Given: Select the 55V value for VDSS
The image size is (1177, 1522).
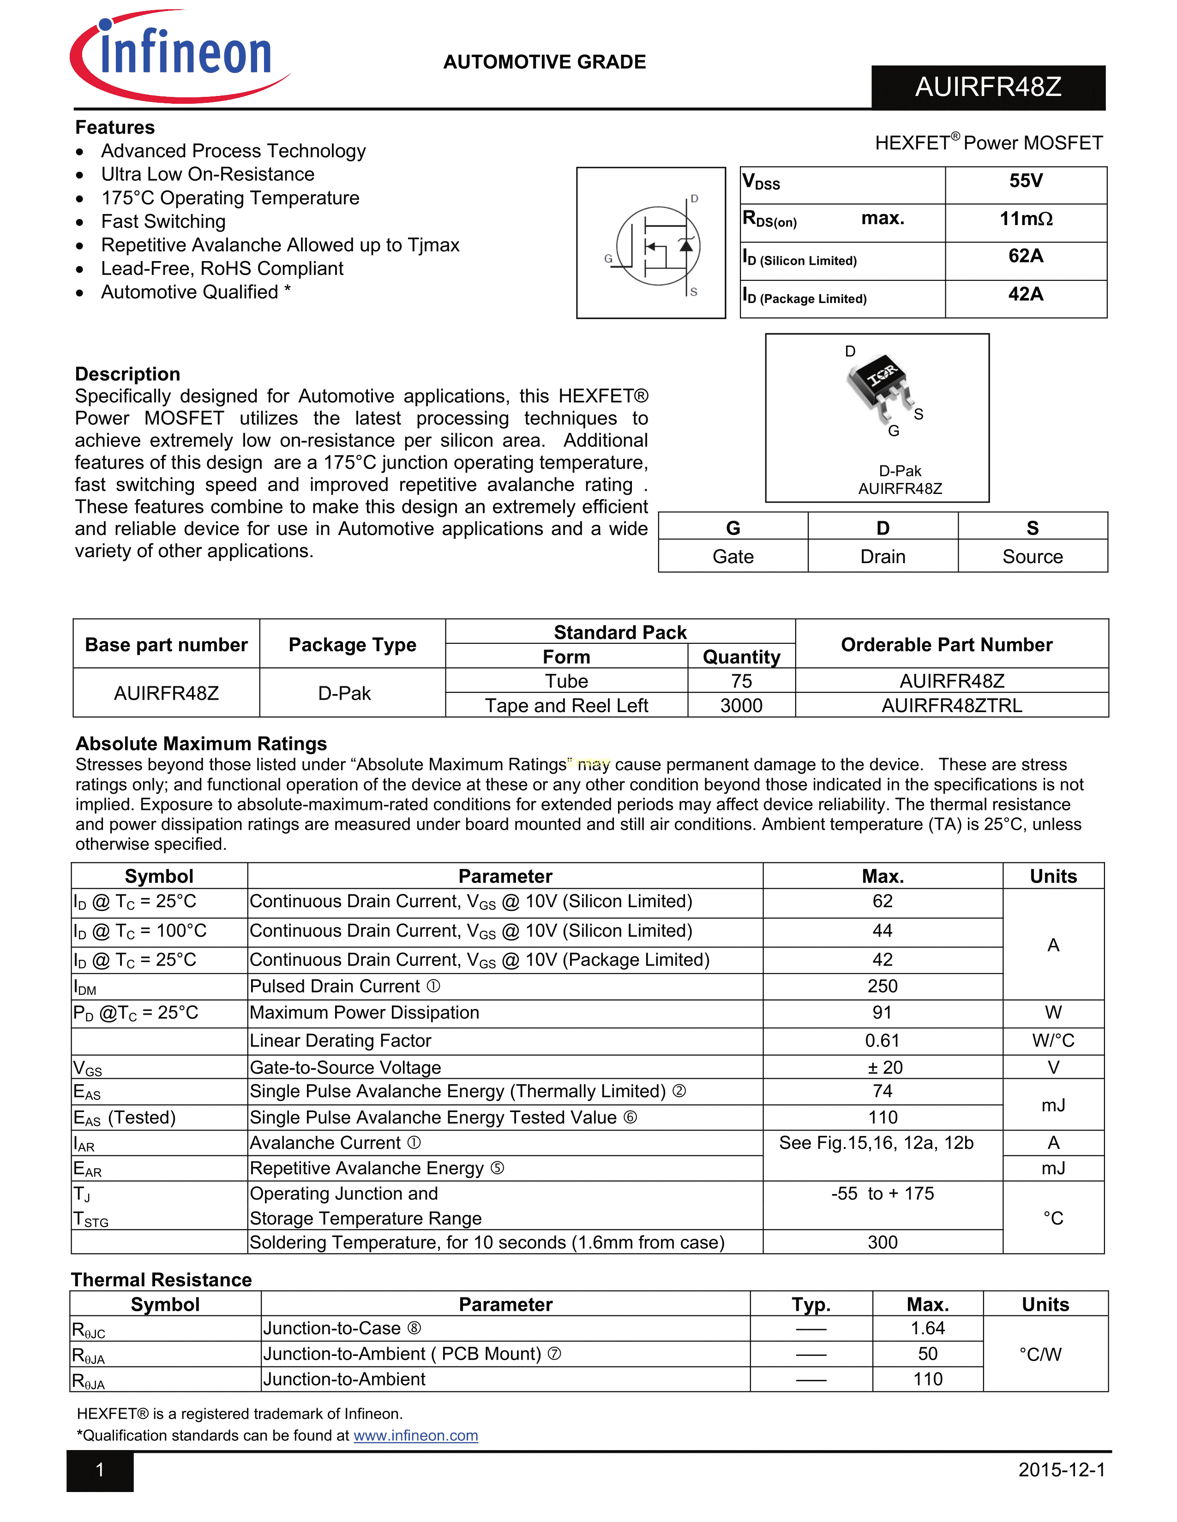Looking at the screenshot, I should pyautogui.click(x=1026, y=181).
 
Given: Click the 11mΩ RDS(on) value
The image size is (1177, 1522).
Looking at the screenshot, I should pyautogui.click(x=1026, y=219).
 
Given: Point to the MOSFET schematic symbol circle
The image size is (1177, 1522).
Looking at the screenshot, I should pyautogui.click(x=658, y=245).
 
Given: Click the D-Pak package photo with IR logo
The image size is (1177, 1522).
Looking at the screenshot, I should pyautogui.click(x=880, y=386).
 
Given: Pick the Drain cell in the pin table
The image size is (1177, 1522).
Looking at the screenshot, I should pyautogui.click(x=883, y=557).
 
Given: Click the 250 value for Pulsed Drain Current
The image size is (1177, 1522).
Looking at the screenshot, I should pyautogui.click(x=882, y=986).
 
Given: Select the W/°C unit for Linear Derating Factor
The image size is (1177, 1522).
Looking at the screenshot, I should pyautogui.click(x=1053, y=1040).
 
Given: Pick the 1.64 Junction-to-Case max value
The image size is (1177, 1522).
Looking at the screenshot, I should pyautogui.click(x=927, y=1328).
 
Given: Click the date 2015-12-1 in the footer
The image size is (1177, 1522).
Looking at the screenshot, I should pyautogui.click(x=1061, y=1470).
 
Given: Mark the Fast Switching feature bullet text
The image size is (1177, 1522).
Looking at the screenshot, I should pyautogui.click(x=163, y=221).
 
